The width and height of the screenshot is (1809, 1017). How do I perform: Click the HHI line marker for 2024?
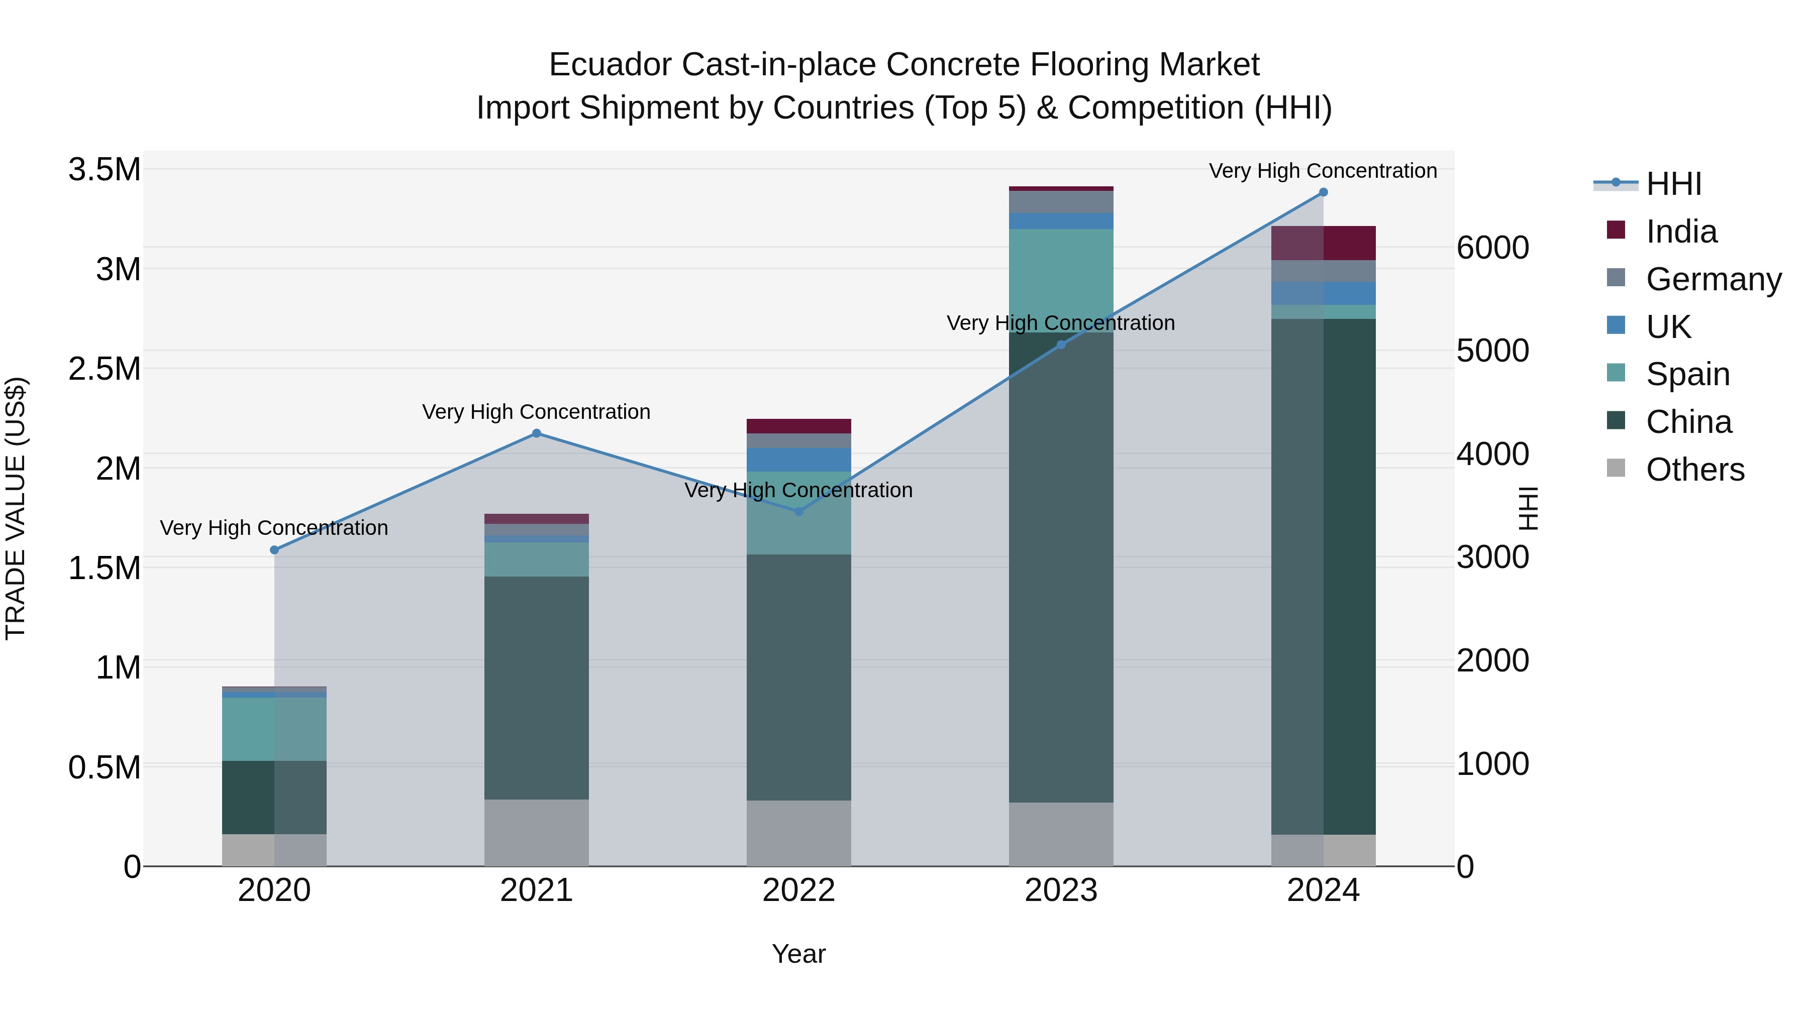point(1323,192)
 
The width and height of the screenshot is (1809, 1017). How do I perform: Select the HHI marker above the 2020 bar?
point(274,550)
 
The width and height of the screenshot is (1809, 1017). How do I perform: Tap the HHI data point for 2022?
point(798,512)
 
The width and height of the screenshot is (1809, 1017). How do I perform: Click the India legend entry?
point(1680,232)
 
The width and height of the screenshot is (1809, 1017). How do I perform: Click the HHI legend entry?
point(1673,184)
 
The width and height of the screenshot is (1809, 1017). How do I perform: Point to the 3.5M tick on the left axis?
point(104,170)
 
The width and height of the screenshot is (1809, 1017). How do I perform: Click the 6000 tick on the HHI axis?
point(1492,248)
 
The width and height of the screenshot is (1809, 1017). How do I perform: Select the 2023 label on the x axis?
point(1060,890)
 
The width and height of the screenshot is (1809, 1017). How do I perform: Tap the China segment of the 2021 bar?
point(537,688)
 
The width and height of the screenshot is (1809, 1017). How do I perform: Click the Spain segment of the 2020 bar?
point(274,729)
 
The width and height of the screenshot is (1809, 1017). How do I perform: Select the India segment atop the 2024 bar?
point(1323,244)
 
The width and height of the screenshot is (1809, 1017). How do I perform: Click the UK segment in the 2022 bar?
point(798,460)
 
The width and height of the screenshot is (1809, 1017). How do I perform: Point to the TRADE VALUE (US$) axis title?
point(16,508)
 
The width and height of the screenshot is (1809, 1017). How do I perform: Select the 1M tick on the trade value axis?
point(118,667)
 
